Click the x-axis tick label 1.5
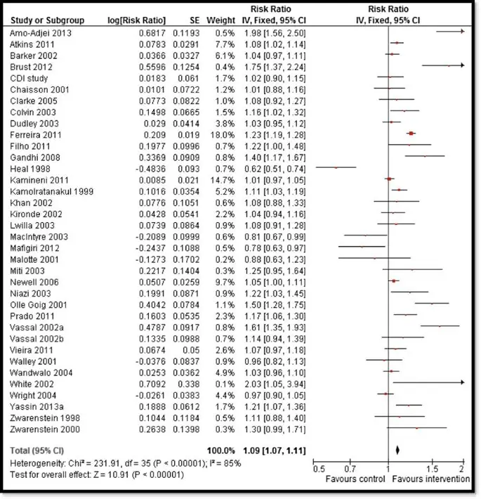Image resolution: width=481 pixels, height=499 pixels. pyautogui.click(x=433, y=469)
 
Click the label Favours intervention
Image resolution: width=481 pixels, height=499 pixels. pyautogui.click(x=430, y=479)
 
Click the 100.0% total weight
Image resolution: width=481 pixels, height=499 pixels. pyautogui.click(x=218, y=448)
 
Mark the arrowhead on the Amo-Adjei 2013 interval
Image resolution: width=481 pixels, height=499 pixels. pyautogui.click(x=462, y=32)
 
